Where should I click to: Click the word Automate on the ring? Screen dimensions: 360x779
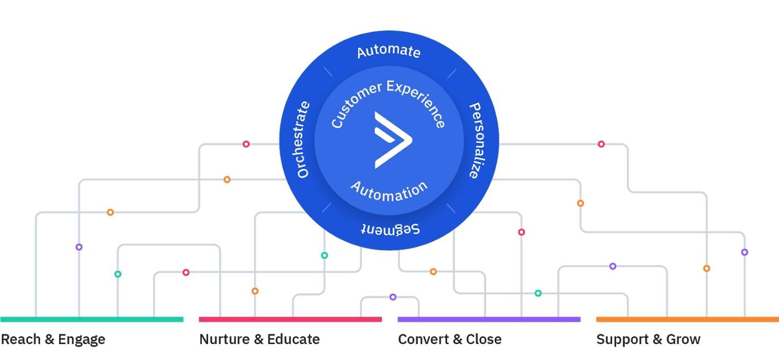coord(388,51)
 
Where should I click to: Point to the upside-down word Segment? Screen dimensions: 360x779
coord(390,229)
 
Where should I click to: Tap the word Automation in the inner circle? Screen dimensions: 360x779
coord(389,192)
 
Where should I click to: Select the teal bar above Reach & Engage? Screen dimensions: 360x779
coord(92,319)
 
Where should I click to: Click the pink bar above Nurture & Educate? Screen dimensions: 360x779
coord(290,319)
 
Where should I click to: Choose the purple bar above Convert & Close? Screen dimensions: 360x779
coord(489,319)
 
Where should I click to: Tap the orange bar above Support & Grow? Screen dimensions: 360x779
coord(687,319)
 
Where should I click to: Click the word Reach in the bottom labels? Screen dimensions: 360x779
coord(21,339)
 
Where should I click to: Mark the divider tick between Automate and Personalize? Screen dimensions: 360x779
coord(452,73)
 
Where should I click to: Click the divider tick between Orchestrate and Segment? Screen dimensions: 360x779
coord(327,207)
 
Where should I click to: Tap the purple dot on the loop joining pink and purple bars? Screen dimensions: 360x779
coord(393,297)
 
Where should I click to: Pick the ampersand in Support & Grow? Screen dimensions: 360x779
coord(657,339)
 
